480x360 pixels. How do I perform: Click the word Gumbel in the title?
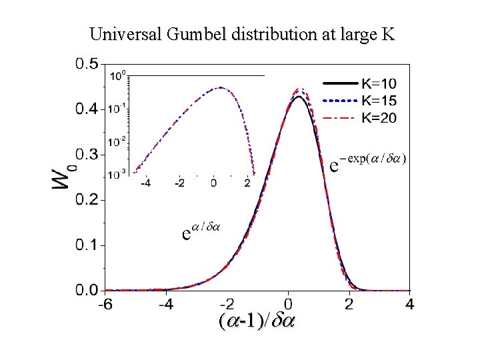click(x=193, y=34)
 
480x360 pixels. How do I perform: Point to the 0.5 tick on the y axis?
click(x=87, y=65)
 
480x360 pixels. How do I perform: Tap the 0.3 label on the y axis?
click(x=87, y=155)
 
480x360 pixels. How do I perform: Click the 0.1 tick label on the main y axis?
click(x=87, y=245)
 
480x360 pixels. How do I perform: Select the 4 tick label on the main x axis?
click(x=409, y=305)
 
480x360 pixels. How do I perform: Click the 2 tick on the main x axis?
click(x=349, y=305)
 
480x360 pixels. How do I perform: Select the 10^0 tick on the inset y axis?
click(x=117, y=75)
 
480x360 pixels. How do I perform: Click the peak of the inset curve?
click(x=219, y=87)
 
